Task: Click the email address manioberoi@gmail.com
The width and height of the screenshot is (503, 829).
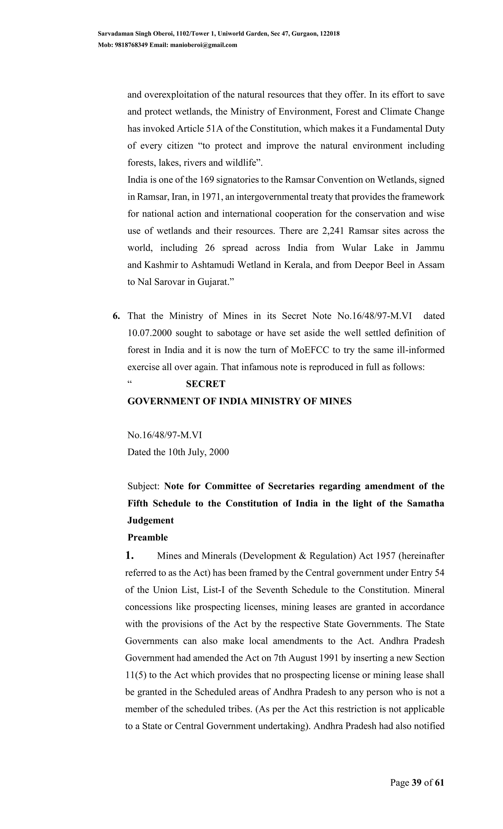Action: coord(204,45)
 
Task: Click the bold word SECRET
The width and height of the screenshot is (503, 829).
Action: coord(205,384)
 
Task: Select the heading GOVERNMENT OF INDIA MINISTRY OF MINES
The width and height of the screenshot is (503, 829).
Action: coord(239,401)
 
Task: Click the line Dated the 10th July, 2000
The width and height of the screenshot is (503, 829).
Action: coord(178,452)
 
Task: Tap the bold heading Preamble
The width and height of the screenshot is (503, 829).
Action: coord(148,537)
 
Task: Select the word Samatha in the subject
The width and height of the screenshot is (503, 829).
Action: coord(425,503)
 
